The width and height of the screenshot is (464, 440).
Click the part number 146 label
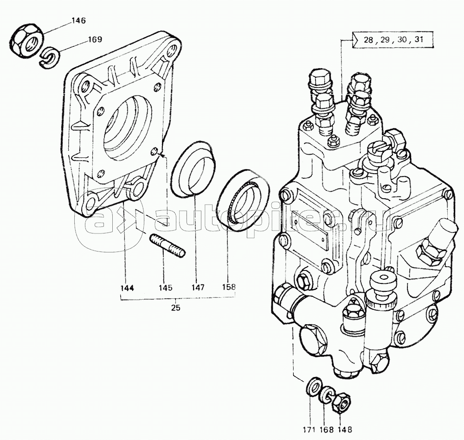pyautogui.click(x=78, y=21)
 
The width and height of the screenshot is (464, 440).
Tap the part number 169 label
pyautogui.click(x=95, y=39)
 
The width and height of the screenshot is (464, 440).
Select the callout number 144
pyautogui.click(x=128, y=288)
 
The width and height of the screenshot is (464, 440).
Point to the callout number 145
pyautogui.click(x=165, y=288)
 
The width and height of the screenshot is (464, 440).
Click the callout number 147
pyautogui.click(x=197, y=287)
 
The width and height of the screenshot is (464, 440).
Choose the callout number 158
pyautogui.click(x=228, y=286)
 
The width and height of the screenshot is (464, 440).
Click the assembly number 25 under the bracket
pyautogui.click(x=175, y=308)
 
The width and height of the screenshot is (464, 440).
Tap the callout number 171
pyautogui.click(x=309, y=430)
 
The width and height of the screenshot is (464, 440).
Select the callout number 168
pyautogui.click(x=326, y=430)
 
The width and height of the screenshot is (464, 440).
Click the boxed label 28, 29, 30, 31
pyautogui.click(x=393, y=39)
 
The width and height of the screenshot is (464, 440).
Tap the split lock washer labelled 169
pyautogui.click(x=50, y=57)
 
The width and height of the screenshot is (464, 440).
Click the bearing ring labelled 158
pyautogui.click(x=243, y=200)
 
